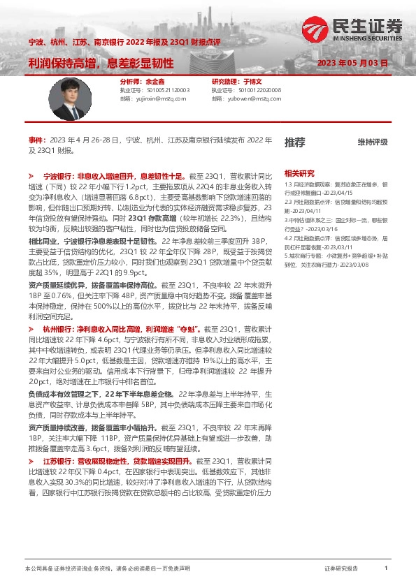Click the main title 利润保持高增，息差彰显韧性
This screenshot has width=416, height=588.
[101, 63]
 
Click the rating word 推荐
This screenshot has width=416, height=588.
[294, 142]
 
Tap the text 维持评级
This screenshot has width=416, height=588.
[372, 142]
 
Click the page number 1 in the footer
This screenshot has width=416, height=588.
[386, 569]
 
